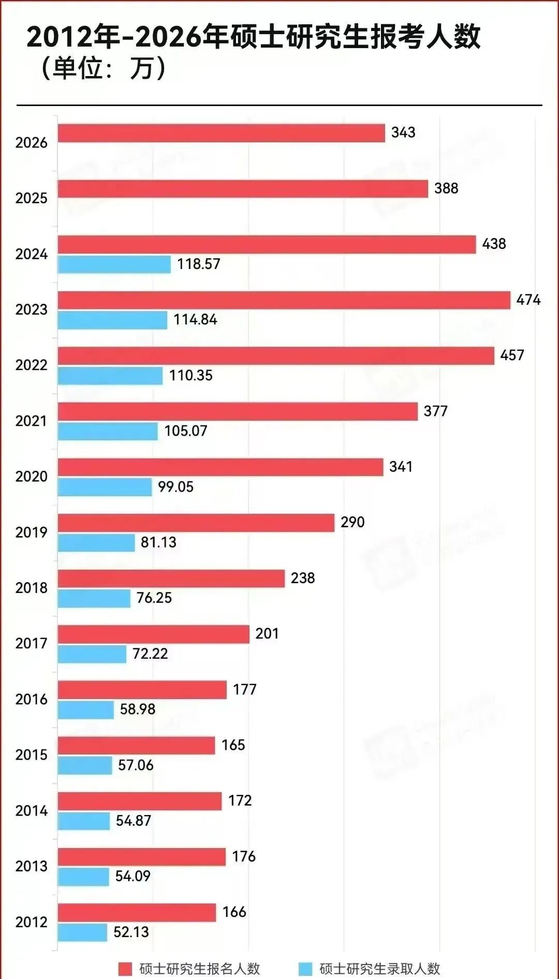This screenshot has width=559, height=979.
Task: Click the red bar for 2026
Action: [x=221, y=133]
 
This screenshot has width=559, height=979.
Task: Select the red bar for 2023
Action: [x=284, y=300]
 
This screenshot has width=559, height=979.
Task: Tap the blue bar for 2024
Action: [x=114, y=264]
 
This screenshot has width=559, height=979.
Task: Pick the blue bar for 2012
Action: [x=82, y=932]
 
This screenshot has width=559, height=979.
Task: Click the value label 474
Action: [x=528, y=300]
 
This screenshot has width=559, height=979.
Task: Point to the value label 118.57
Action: [x=199, y=264]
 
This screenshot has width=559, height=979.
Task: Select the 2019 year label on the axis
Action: [x=31, y=532]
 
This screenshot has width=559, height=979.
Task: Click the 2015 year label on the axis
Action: [x=31, y=754]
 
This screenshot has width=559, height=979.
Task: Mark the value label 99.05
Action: [x=175, y=487]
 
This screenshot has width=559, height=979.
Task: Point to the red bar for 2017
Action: [x=153, y=634]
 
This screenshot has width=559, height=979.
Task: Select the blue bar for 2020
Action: [x=105, y=487]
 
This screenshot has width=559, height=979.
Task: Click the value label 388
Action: [x=446, y=188]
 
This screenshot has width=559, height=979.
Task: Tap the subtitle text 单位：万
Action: [x=104, y=68]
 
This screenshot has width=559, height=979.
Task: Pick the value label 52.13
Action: [x=131, y=932]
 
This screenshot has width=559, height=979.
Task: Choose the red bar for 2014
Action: [x=140, y=801]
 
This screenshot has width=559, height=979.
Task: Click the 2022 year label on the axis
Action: [x=31, y=365]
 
